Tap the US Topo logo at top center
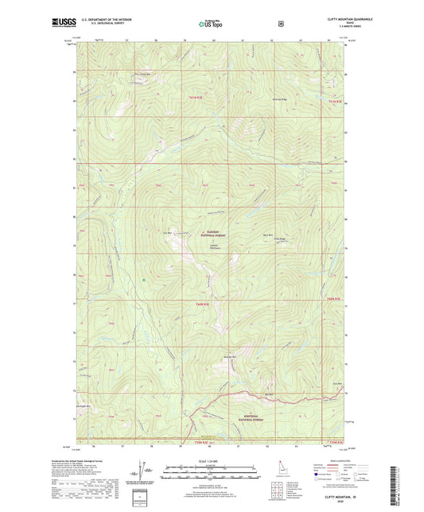pyautogui.click(x=212, y=24)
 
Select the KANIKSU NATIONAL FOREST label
pyautogui.click(x=212, y=233)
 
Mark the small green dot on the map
pyautogui.click(x=144, y=280)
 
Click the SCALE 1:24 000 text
pyautogui.click(x=212, y=461)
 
